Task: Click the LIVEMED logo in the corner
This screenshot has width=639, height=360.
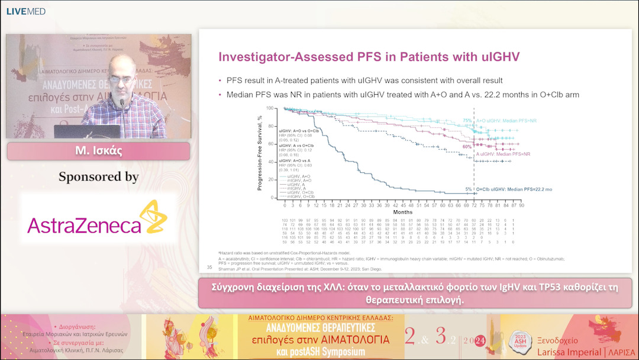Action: (x=25, y=11)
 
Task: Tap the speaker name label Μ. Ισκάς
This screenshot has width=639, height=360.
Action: (x=98, y=150)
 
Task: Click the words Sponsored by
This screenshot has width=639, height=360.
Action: (x=98, y=177)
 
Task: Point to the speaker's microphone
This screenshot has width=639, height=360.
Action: (x=122, y=105)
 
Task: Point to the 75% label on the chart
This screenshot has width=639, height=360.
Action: (x=467, y=121)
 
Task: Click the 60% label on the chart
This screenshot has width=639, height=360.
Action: (x=467, y=146)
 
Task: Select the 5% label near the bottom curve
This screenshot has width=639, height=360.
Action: (x=469, y=189)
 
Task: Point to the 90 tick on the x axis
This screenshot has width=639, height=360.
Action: (x=521, y=205)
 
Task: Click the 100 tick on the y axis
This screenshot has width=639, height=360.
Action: (x=271, y=108)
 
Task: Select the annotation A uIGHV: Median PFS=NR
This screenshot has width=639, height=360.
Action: (x=503, y=154)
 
